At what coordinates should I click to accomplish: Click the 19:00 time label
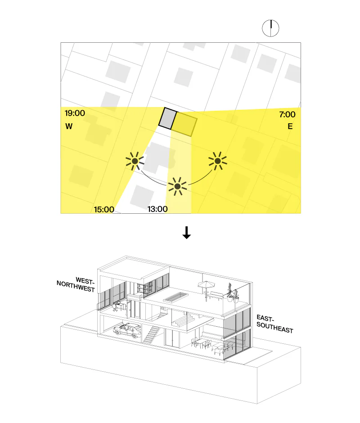(75, 113)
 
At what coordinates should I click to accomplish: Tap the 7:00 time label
(287, 114)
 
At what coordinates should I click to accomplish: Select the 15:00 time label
(104, 209)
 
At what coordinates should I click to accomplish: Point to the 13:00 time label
(157, 209)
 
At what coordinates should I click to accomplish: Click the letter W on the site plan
(69, 126)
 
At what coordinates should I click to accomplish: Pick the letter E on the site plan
(290, 126)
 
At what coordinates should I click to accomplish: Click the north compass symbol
(270, 28)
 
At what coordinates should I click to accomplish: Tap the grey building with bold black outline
(167, 118)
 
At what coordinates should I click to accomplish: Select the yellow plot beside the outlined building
(184, 124)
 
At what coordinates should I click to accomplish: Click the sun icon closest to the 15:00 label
(135, 161)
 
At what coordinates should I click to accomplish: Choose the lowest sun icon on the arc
(178, 186)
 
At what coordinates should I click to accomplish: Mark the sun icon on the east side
(218, 161)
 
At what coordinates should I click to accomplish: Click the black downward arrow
(186, 233)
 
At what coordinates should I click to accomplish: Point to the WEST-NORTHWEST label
(76, 284)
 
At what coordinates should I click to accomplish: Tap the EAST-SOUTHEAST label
(274, 324)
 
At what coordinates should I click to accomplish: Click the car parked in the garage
(127, 330)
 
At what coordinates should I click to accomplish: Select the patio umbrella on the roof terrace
(206, 290)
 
